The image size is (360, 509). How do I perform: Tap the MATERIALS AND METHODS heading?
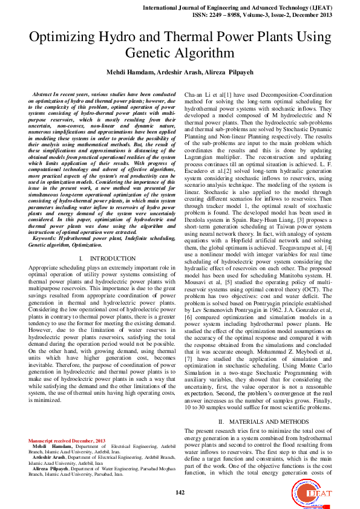pos(264,421)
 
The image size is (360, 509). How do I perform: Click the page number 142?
pos(180,493)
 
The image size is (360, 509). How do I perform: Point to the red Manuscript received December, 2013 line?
pos(67,440)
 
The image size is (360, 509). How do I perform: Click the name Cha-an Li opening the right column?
pos(197,96)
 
